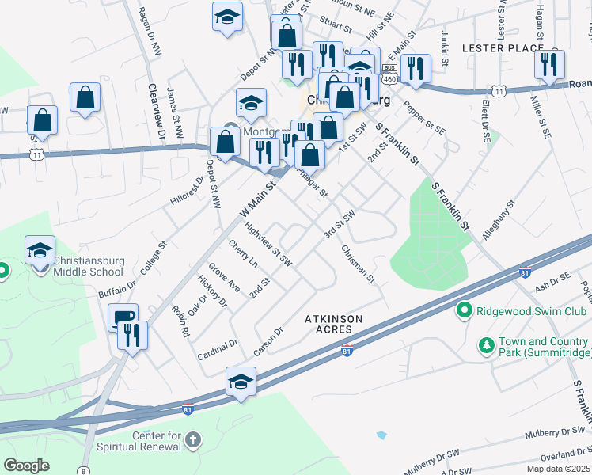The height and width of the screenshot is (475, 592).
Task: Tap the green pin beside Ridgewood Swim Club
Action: click(x=465, y=310)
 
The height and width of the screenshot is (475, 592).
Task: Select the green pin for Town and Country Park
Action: click(x=486, y=347)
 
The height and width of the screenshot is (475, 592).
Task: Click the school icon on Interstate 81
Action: click(x=241, y=382)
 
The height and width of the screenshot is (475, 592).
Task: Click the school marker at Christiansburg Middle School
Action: click(x=40, y=251)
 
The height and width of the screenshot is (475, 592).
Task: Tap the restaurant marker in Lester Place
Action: click(x=549, y=64)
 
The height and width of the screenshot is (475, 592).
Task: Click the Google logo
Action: click(x=27, y=465)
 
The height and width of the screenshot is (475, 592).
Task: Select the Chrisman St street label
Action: click(x=358, y=263)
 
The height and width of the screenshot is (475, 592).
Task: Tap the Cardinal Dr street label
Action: click(x=218, y=349)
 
